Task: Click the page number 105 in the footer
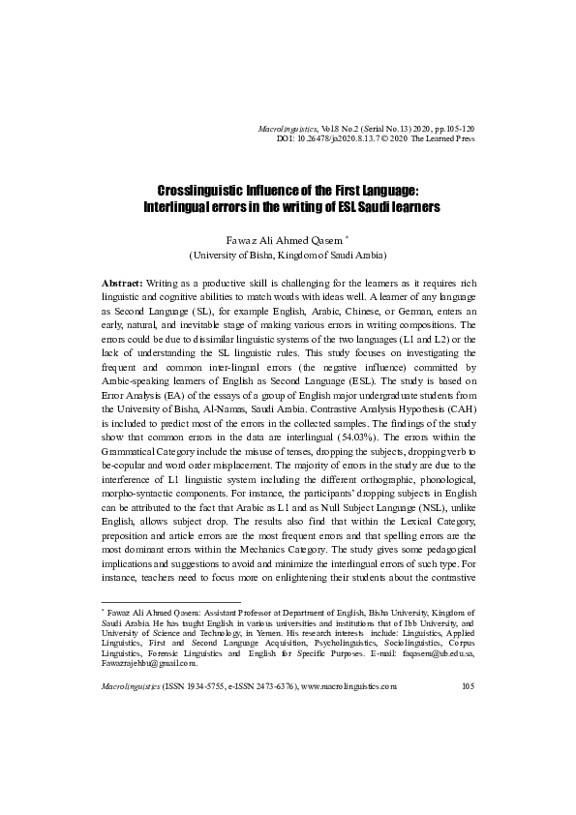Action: pyautogui.click(x=468, y=686)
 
